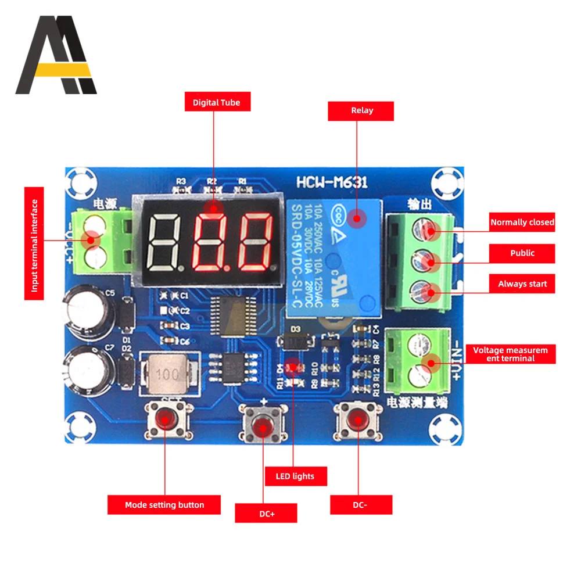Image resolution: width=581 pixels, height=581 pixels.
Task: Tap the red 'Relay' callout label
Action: pos(361,111)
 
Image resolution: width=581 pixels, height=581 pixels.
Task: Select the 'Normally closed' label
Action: pos(522,222)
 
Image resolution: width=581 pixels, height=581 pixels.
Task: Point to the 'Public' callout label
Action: pos(522,253)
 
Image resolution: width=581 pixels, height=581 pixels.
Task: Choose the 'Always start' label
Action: pos(522,284)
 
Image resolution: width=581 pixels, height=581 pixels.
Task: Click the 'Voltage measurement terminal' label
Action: pos(510,354)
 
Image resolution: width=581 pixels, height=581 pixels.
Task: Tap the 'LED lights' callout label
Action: pos(295,476)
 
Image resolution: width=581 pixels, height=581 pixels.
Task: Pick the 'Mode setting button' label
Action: pos(164,505)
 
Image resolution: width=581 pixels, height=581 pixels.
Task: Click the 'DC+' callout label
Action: pos(266,514)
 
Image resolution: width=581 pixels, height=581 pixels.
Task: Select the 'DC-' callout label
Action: pos(361,505)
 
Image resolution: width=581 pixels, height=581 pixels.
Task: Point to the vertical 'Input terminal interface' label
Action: pos(34,243)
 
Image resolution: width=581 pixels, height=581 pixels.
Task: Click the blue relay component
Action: pos(333,256)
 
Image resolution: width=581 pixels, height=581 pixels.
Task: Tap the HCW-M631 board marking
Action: pos(332,182)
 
